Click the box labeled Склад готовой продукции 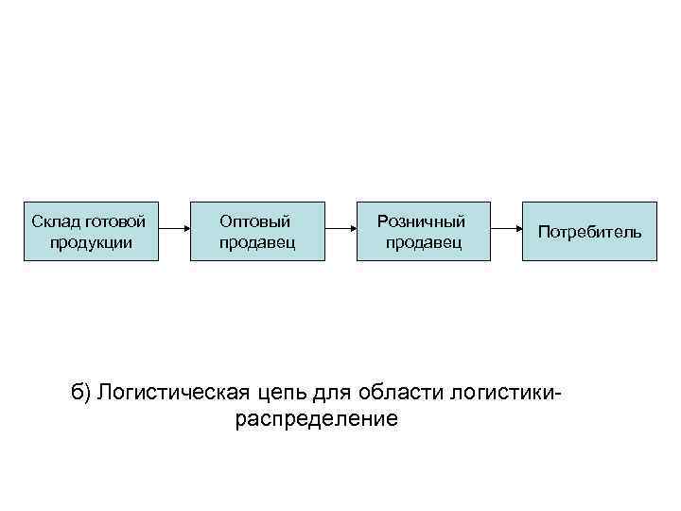89,232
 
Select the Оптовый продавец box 256,232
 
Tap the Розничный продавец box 424,232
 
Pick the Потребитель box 589,232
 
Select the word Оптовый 255,221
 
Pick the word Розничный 422,221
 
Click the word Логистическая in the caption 174,392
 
